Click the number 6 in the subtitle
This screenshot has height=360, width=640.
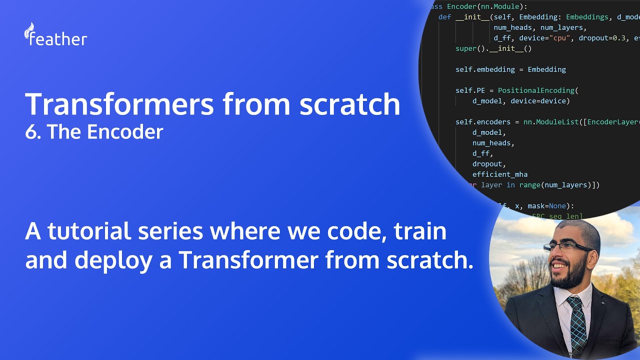[x=31, y=132]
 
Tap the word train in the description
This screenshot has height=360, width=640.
[x=420, y=231]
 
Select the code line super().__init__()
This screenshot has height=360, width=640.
[x=493, y=48]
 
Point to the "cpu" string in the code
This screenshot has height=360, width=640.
[x=561, y=38]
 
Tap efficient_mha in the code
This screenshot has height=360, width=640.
[x=500, y=174]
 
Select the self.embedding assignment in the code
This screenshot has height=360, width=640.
[x=510, y=69]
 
